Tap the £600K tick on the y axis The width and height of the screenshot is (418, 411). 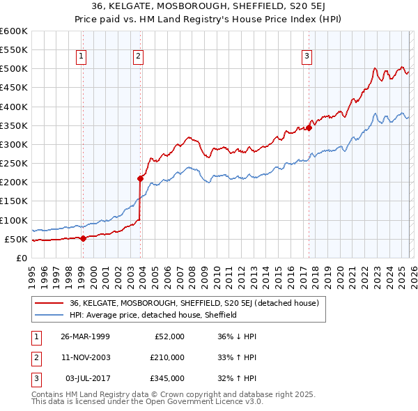click(14, 31)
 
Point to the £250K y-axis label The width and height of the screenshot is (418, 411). click(14, 164)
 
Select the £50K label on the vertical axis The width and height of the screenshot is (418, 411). click(17, 240)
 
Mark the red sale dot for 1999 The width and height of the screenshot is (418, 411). click(84, 238)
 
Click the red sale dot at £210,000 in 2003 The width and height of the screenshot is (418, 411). click(140, 178)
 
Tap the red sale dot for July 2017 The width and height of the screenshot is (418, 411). click(309, 127)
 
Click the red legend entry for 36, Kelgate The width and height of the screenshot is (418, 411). click(194, 303)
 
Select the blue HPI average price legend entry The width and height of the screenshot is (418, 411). click(153, 315)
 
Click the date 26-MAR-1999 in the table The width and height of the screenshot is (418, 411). click(85, 336)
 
